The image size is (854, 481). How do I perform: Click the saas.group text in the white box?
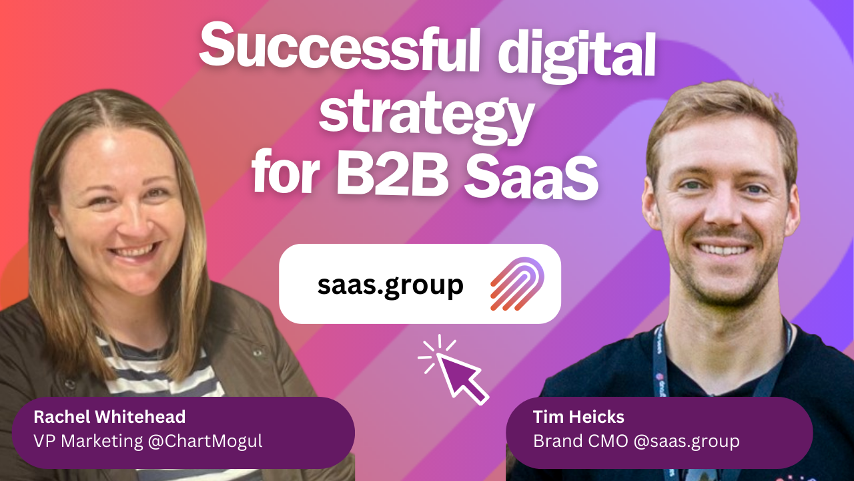pyautogui.click(x=390, y=285)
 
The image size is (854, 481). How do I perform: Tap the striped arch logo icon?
pyautogui.click(x=517, y=284)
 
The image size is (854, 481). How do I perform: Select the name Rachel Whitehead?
pyautogui.click(x=109, y=416)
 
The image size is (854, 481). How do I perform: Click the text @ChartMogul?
pyautogui.click(x=205, y=442)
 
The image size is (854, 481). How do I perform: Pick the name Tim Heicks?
pyautogui.click(x=578, y=416)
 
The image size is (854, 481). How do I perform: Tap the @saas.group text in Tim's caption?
pyautogui.click(x=687, y=442)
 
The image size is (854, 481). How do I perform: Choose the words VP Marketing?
pyautogui.click(x=88, y=441)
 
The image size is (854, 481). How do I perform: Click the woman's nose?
pyautogui.click(x=133, y=225)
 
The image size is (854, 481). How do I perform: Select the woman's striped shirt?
pyautogui.click(x=160, y=372)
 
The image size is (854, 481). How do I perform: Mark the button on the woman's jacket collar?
pyautogui.click(x=258, y=351)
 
